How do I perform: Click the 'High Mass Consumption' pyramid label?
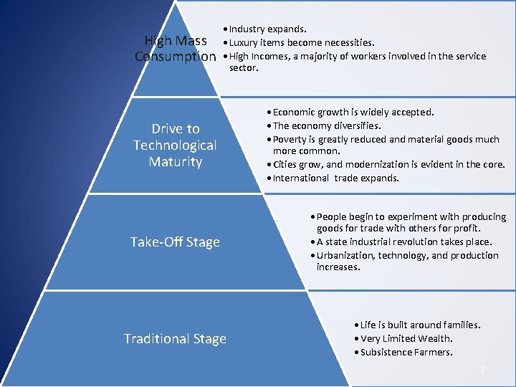click(176, 48)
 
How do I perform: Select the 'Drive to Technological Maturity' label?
click(175, 145)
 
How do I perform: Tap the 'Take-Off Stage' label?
click(175, 242)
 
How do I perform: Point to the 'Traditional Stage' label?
click(175, 338)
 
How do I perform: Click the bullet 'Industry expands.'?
click(267, 29)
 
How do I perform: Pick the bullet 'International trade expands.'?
click(335, 178)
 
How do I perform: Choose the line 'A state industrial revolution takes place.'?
click(404, 242)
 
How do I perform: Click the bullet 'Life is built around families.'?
click(420, 325)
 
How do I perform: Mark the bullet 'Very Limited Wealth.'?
click(406, 338)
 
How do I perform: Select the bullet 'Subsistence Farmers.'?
click(406, 352)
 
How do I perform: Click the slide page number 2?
click(482, 369)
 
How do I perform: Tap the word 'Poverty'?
click(291, 139)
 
